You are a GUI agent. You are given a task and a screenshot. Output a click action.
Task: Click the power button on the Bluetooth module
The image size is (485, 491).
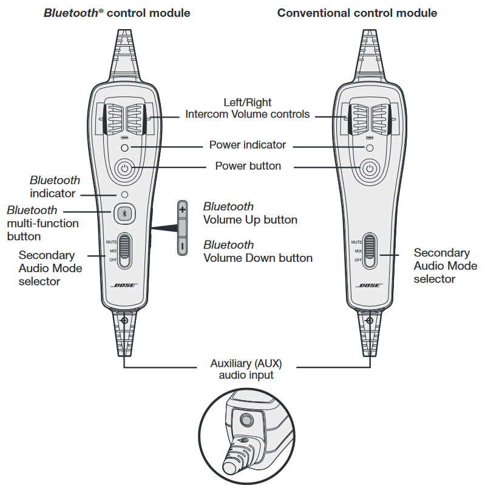[x=124, y=170]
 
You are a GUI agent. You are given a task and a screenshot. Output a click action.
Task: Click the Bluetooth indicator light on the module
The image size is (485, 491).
[x=124, y=195]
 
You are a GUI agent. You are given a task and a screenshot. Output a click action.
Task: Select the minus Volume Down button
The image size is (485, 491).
[x=182, y=245]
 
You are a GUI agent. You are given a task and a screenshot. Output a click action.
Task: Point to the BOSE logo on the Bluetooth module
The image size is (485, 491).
[x=124, y=286]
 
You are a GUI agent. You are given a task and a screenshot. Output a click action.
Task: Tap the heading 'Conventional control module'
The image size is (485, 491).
[x=357, y=13]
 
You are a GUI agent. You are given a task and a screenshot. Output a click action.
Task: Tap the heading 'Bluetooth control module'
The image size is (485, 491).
[x=117, y=13]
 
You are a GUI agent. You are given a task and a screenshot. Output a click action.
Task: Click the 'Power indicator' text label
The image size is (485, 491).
[x=247, y=145]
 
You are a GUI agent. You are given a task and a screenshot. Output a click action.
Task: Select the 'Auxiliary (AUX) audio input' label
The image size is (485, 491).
[x=246, y=369]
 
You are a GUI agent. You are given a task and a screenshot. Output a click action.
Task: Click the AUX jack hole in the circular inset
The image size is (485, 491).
[x=246, y=419]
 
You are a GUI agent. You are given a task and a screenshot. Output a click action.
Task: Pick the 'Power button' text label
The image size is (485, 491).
[x=248, y=165]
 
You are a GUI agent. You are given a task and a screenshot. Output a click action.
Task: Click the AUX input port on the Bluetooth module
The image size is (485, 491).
[x=124, y=320]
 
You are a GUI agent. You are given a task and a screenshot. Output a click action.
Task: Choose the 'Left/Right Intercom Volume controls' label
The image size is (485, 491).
[x=247, y=109]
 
